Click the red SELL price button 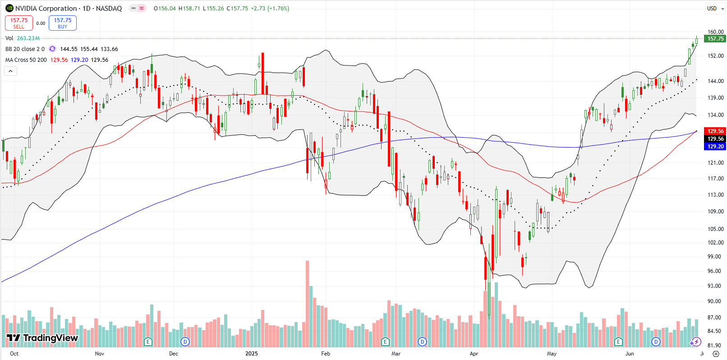click(x=19, y=23)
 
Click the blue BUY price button click(x=63, y=23)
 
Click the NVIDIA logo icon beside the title click(x=9, y=9)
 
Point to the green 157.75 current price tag click(x=715, y=39)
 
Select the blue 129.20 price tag click(x=715, y=147)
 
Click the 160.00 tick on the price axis click(x=715, y=32)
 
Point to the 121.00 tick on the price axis click(x=715, y=163)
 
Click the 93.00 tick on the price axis click(x=715, y=286)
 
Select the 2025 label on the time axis click(x=252, y=354)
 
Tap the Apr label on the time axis click(x=474, y=354)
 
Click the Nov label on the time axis click(x=100, y=354)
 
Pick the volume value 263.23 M click(x=28, y=38)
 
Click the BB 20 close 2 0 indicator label click(x=25, y=49)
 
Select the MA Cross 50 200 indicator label click(x=26, y=60)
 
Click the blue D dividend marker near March click(x=422, y=342)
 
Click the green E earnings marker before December click(x=148, y=342)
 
